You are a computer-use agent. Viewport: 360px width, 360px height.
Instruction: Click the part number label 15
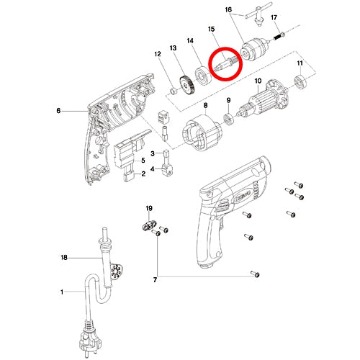[x=211, y=30]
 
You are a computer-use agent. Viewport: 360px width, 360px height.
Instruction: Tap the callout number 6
[x=58, y=111]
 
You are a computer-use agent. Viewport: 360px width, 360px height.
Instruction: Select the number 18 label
[x=64, y=258]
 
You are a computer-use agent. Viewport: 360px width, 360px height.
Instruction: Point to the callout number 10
[x=258, y=81]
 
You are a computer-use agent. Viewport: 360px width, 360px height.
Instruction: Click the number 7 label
[x=155, y=280]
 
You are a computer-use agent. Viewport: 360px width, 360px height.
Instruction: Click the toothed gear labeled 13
[x=186, y=86]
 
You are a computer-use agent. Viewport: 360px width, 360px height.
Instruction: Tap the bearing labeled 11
[x=300, y=81]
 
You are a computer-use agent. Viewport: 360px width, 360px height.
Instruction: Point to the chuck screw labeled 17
[x=279, y=37]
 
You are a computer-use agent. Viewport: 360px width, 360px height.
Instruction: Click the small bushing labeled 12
[x=174, y=91]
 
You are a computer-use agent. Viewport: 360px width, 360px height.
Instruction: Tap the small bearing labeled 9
[x=228, y=119]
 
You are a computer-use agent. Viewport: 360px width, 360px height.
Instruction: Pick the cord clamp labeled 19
[x=149, y=225]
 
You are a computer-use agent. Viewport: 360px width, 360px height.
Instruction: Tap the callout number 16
[x=228, y=9]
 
